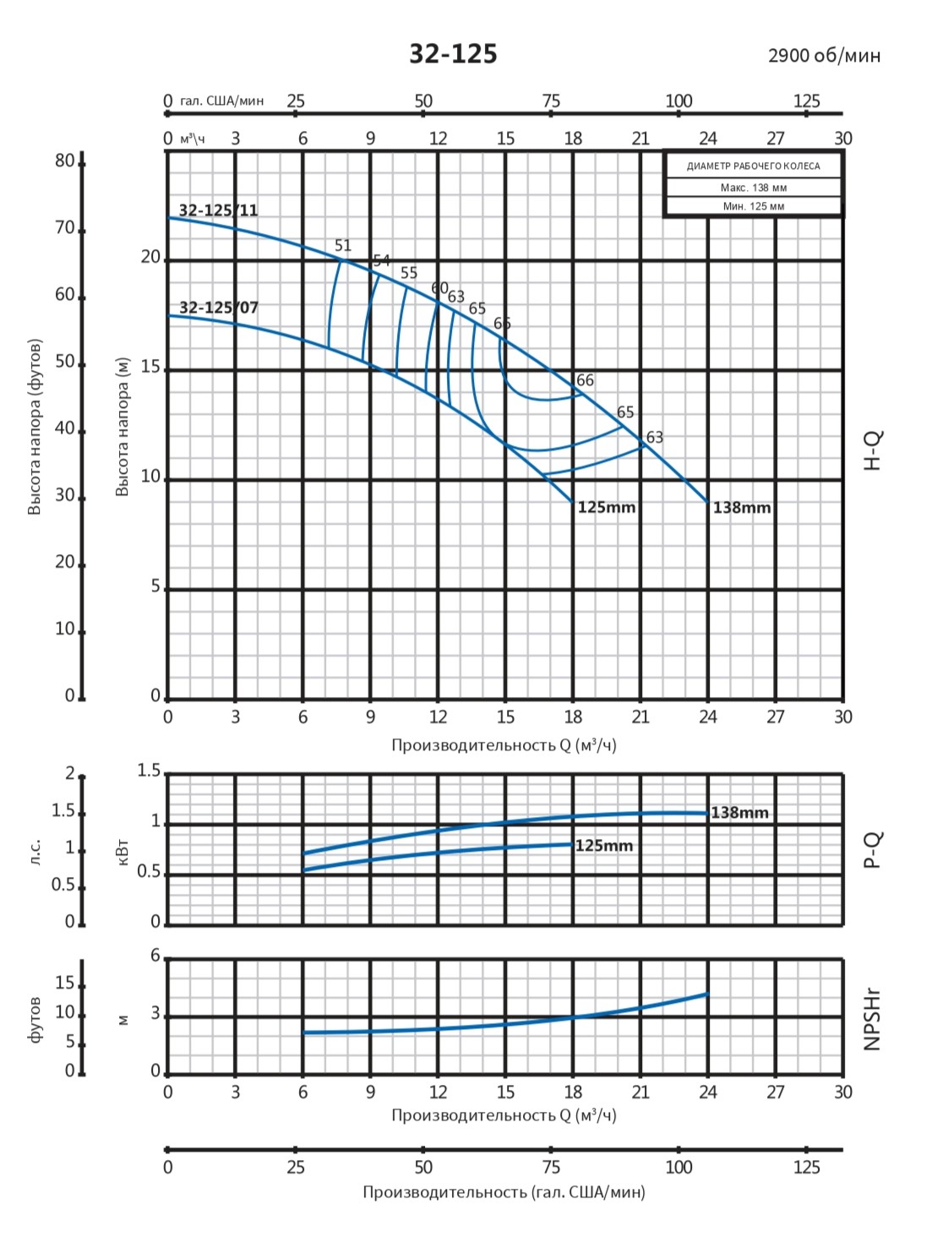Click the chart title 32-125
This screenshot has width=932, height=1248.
(x=453, y=54)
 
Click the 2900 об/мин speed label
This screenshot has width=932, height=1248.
(x=824, y=56)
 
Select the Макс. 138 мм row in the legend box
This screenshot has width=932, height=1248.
(x=753, y=188)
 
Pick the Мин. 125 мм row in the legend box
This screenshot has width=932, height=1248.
(x=753, y=206)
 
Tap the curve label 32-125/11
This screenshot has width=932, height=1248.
(x=218, y=210)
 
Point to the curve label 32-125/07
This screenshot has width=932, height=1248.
(x=218, y=308)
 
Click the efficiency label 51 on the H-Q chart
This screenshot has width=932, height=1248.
(x=342, y=246)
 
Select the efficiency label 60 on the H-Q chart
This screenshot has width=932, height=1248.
(x=439, y=288)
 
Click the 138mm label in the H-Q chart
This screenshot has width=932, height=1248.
(x=742, y=508)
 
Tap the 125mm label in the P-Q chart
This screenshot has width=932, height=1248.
(x=603, y=846)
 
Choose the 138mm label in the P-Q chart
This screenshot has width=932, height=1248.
(x=739, y=813)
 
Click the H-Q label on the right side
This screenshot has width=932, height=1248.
(x=873, y=450)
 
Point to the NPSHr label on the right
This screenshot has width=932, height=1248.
(x=873, y=1018)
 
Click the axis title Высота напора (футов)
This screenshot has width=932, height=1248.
(x=35, y=427)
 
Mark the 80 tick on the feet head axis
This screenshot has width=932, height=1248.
(x=65, y=161)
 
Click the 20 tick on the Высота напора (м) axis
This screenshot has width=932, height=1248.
(x=150, y=257)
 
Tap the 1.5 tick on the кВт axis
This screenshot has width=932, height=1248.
(x=149, y=771)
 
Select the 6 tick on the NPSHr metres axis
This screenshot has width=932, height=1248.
(x=155, y=956)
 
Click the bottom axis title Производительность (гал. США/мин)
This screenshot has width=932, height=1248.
(x=504, y=1192)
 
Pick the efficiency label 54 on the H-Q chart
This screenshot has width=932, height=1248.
(x=382, y=260)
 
